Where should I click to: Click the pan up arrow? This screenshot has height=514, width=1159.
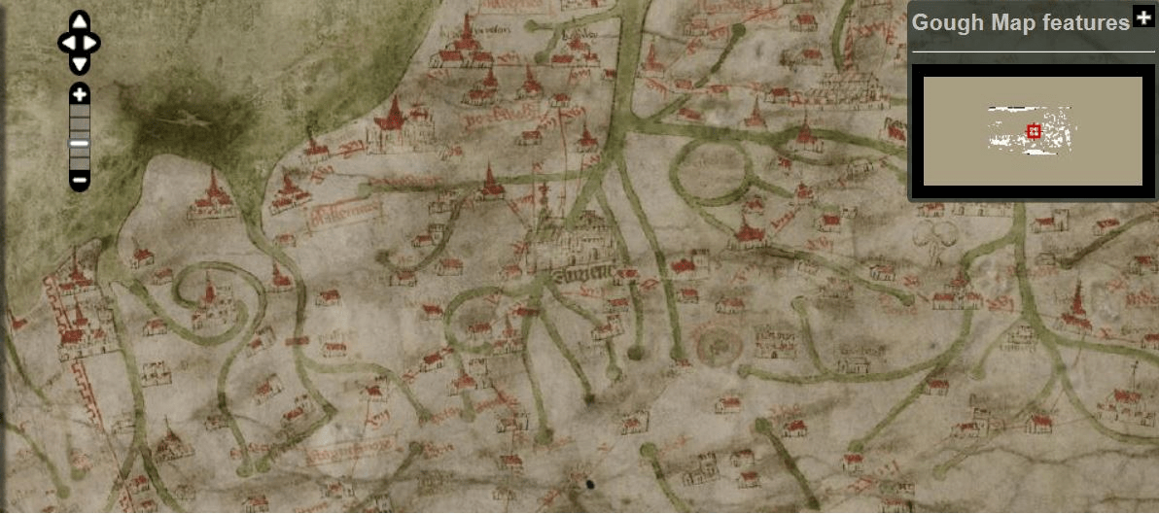(x=80, y=21)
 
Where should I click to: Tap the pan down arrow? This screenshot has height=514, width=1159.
(x=80, y=64)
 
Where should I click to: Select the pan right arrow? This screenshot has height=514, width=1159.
(x=93, y=43)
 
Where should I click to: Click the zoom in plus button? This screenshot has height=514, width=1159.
(x=80, y=94)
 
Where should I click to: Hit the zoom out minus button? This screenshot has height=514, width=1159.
(x=80, y=179)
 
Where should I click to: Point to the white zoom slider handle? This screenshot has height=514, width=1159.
(x=80, y=144)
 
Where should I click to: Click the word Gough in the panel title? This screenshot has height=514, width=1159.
(x=947, y=22)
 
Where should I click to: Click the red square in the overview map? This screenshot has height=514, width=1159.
(x=1034, y=132)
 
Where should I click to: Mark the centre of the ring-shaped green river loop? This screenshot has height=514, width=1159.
(x=715, y=170)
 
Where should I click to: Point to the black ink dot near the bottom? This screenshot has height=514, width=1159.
(x=588, y=483)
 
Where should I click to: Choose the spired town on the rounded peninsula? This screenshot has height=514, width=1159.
(x=212, y=195)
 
